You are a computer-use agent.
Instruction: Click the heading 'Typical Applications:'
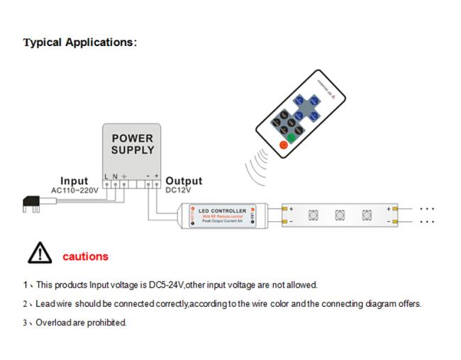point(79,43)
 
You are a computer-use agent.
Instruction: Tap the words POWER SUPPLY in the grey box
point(132,144)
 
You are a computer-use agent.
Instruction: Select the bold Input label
point(74,181)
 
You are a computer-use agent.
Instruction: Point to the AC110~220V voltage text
point(75,190)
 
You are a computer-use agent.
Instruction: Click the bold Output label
point(184,181)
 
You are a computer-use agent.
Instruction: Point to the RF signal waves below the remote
point(255,167)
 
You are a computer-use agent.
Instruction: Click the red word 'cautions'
point(86,257)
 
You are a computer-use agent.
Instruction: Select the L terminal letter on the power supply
point(106,176)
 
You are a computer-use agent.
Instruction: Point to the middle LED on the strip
point(339,215)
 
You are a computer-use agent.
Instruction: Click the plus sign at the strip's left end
point(291,208)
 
